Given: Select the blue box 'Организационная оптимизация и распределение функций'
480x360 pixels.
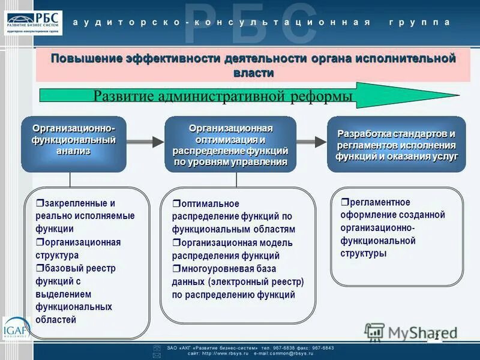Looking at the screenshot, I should tap(230, 145).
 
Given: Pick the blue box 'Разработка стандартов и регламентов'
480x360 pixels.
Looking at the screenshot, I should tap(397, 145).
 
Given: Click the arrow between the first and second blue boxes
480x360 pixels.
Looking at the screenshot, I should tap(145, 142).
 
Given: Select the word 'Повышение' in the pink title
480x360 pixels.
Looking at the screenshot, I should tap(86, 59).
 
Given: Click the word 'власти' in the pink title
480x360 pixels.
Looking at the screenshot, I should tap(253, 73).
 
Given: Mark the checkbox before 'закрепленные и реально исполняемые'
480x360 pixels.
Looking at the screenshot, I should tap(39, 203).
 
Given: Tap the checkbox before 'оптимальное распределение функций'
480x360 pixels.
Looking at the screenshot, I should tap(176, 204).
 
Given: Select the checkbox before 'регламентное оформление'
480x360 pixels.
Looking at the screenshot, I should tap(344, 202).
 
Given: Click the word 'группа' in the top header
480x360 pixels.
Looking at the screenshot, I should tap(419, 22).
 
